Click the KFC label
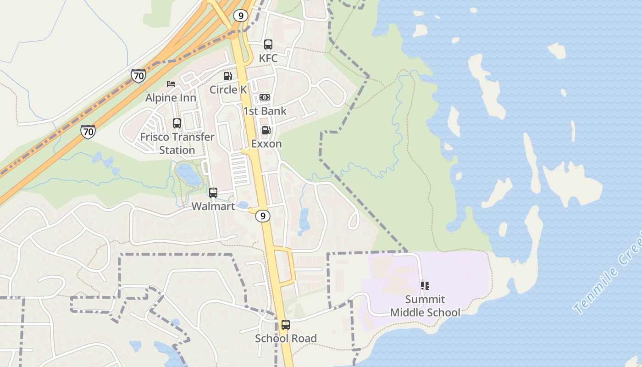pyautogui.click(x=268, y=58)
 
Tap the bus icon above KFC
pyautogui.click(x=268, y=44)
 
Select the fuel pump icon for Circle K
pyautogui.click(x=227, y=76)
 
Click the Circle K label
pyautogui.click(x=228, y=89)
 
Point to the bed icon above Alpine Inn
pyautogui.click(x=171, y=84)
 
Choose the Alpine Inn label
pyautogui.click(x=171, y=98)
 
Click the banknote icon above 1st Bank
pyautogui.click(x=265, y=97)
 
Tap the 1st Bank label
pyautogui.click(x=265, y=111)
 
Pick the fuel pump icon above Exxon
pyautogui.click(x=266, y=130)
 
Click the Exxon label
pyautogui.click(x=266, y=144)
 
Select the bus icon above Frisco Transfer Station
pyautogui.click(x=177, y=123)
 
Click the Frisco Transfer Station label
pyautogui.click(x=177, y=143)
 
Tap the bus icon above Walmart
pyautogui.click(x=213, y=193)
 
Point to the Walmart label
pyautogui.click(x=213, y=206)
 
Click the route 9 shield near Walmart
pyautogui.click(x=263, y=216)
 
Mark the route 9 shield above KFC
pyautogui.click(x=240, y=16)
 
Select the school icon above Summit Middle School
pyautogui.click(x=425, y=286)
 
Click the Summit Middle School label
pyautogui.click(x=425, y=306)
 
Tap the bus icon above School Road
pyautogui.click(x=286, y=325)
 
